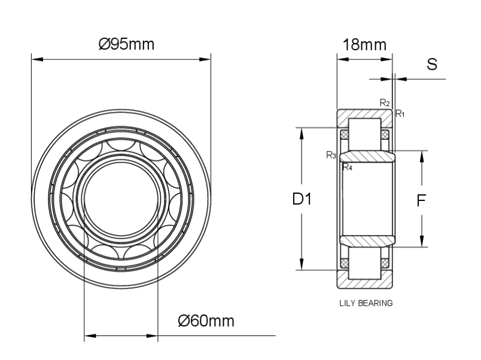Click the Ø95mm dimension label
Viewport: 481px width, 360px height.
pos(126,44)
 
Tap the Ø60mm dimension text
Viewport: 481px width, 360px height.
pos(206,321)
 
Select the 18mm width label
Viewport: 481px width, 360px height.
pos(364,45)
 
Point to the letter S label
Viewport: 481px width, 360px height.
pos(432,65)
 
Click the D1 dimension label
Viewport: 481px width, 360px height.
pos(302,199)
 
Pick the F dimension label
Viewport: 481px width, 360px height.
pos(421,200)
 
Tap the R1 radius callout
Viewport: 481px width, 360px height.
pos(400,114)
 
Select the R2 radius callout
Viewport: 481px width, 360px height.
pos(385,103)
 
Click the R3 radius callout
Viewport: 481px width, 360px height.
pos(331,155)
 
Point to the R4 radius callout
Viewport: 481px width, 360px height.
pos(347,167)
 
